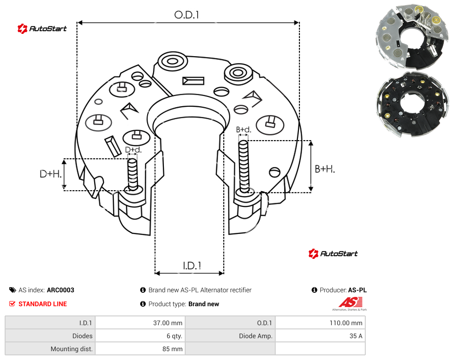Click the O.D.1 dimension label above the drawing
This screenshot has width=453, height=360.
[x=187, y=15]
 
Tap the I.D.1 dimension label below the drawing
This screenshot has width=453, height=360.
[x=192, y=266]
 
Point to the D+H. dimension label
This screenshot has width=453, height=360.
[x=51, y=174]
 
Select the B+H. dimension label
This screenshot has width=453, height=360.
[x=325, y=169]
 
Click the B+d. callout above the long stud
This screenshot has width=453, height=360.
[x=244, y=129]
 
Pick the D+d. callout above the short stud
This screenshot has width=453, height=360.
[x=133, y=150]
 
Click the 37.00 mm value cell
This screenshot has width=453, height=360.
[x=168, y=323]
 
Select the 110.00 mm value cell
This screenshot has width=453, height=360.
[x=346, y=323]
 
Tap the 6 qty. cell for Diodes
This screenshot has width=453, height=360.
[x=174, y=336]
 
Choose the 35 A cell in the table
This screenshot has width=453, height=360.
[x=356, y=336]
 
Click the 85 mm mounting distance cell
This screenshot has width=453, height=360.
[x=172, y=349]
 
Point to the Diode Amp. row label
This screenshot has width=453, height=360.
[x=256, y=336]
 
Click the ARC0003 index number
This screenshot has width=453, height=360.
[x=60, y=290]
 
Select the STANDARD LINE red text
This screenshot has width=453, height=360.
[x=43, y=304]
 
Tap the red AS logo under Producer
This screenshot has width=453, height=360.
[x=350, y=302]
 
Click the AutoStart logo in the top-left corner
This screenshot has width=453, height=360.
[x=42, y=29]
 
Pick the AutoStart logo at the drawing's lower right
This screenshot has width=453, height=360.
[x=333, y=253]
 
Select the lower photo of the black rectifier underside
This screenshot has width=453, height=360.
[x=412, y=105]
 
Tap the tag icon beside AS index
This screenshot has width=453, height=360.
[x=13, y=290]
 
